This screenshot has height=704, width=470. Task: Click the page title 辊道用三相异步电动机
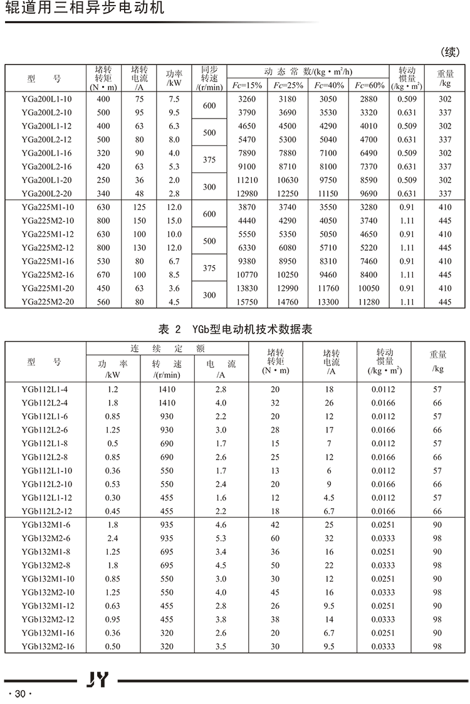(x=85, y=9)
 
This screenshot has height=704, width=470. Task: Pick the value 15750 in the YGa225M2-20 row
(x=249, y=302)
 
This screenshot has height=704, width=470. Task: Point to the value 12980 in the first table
(x=249, y=194)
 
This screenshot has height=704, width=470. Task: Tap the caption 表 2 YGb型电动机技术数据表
(x=236, y=328)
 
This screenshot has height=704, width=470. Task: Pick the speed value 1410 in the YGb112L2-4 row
(x=167, y=403)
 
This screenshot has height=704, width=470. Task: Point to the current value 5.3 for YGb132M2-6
(x=221, y=539)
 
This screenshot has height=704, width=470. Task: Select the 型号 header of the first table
(x=44, y=79)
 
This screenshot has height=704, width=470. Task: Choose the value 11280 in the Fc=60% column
(x=369, y=302)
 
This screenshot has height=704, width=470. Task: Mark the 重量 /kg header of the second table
(x=437, y=361)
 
